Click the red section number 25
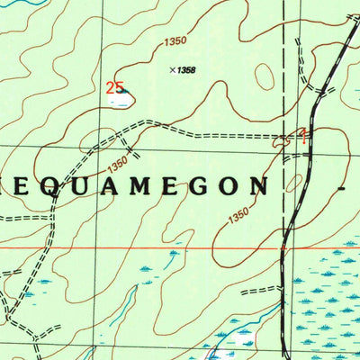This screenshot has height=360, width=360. coord(113,87)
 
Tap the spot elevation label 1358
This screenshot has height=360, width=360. coord(186,69)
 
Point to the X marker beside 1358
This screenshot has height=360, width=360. coord(171,68)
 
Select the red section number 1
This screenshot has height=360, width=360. coord(303,137)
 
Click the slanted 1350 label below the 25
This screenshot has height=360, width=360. coord(117,166)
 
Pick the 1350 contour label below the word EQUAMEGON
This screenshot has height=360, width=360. coord(238,216)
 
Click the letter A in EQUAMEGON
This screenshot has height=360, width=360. coord(104,185)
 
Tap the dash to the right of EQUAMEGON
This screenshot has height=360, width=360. coord(343,187)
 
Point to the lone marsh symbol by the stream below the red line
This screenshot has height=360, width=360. coord(172,254)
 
